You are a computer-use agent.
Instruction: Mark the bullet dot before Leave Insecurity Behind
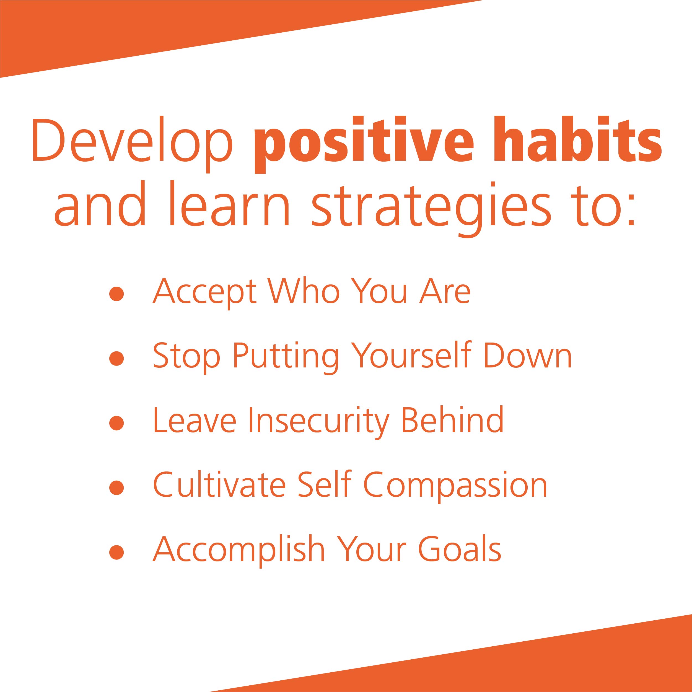tap(116, 423)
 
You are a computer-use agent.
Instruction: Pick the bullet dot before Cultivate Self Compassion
tap(116, 487)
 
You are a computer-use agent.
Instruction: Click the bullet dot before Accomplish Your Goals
tap(116, 552)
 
